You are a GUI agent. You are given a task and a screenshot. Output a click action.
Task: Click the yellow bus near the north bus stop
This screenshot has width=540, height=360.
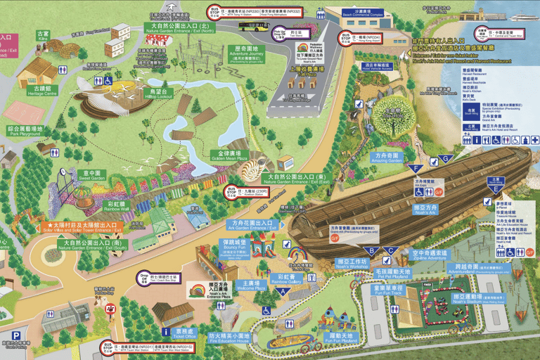pos(253,27)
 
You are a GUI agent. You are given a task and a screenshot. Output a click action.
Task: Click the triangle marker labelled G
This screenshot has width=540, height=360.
pos(444,158)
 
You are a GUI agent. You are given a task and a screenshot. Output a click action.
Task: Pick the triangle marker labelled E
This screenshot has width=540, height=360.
pos(497,188)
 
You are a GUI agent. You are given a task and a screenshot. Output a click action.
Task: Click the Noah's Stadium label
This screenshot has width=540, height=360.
pos(484,298)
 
